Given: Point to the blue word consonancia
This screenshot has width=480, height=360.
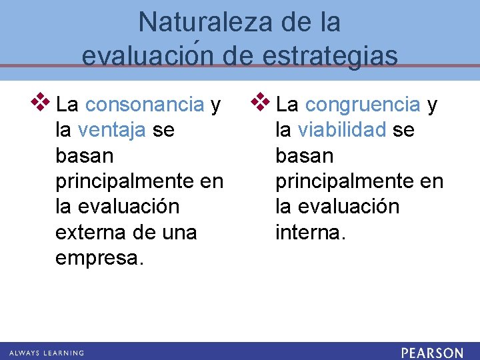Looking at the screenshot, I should [145, 105].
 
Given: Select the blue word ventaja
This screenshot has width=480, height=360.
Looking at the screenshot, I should [111, 130].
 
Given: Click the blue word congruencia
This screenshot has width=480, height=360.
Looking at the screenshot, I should [363, 105].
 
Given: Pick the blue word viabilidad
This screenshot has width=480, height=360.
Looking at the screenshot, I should [342, 130].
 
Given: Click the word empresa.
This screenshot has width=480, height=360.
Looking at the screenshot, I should [99, 258].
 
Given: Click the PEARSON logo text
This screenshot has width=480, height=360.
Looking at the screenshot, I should [432, 352].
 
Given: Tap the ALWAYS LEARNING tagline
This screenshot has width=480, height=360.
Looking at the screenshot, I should [47, 353].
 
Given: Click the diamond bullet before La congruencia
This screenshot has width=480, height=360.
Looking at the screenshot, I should [261, 103].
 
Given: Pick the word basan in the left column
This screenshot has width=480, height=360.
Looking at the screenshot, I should [85, 156].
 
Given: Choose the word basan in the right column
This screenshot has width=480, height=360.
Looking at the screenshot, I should [304, 156].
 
